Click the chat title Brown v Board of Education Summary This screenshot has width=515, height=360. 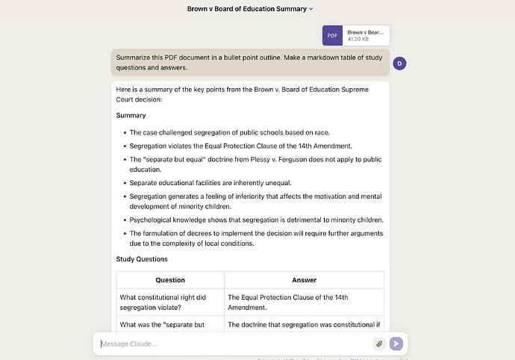(246, 9)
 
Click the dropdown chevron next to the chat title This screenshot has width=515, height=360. (311, 9)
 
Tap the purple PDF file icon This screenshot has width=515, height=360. (332, 35)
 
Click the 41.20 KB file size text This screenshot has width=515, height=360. (358, 39)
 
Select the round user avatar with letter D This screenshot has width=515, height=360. (399, 63)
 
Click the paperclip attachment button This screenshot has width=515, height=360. (379, 344)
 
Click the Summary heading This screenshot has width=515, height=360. (131, 116)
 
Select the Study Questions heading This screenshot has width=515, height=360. (142, 259)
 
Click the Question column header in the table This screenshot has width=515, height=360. (170, 280)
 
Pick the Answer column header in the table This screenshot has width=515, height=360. (304, 280)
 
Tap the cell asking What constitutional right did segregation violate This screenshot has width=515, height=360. (163, 302)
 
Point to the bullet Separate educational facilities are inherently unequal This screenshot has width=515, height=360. (210, 183)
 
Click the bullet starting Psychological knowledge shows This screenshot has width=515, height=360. (256, 220)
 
